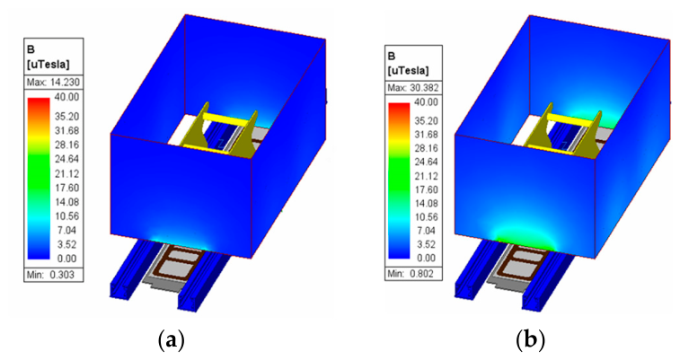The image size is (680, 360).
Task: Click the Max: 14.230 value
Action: tap(53, 83)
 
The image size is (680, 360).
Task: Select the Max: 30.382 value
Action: tap(413, 88)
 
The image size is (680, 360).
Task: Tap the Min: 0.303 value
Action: tap(50, 275)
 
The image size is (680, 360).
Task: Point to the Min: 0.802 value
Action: tap(411, 273)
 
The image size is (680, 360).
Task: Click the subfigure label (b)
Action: tap(530, 340)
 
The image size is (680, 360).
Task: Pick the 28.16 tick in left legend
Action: tap(66, 145)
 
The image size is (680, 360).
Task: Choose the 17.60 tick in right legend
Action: tap(427, 189)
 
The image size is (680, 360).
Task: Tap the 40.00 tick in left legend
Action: tap(66, 97)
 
